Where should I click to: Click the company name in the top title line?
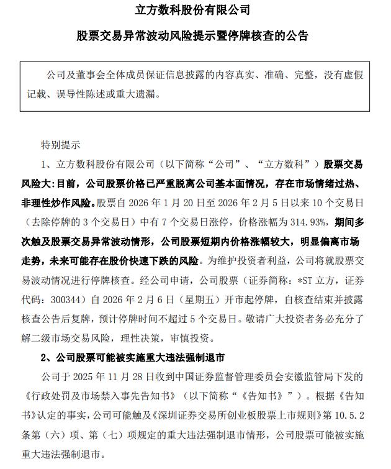point(195,11)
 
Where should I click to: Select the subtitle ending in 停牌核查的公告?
point(195,35)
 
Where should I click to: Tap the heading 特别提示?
point(60,147)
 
